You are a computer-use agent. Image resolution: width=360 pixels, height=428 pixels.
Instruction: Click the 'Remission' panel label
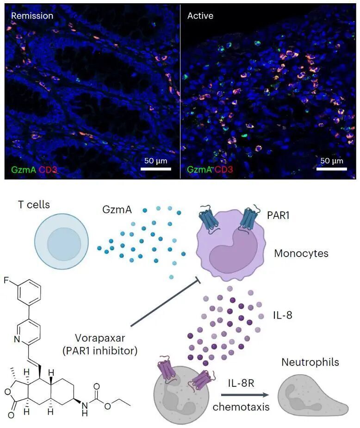(32, 16)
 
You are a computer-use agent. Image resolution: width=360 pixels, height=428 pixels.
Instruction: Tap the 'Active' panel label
(200, 16)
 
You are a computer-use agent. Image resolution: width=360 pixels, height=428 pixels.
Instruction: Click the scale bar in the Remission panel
(156, 169)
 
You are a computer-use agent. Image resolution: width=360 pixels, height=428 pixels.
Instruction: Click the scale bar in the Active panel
(332, 169)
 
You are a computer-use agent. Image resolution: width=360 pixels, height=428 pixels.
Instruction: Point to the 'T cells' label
(34, 204)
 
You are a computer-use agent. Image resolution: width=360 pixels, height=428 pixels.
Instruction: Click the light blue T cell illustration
(62, 241)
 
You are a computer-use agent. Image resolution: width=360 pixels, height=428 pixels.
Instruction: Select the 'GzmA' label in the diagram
(117, 209)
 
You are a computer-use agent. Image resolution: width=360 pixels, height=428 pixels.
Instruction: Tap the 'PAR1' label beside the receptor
(278, 215)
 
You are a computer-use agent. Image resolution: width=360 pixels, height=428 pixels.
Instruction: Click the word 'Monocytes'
(301, 253)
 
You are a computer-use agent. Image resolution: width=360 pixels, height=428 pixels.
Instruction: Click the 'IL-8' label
(283, 315)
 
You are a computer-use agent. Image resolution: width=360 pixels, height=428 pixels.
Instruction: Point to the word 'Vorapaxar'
(100, 338)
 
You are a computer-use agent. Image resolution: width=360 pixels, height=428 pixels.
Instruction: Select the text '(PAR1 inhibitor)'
(100, 351)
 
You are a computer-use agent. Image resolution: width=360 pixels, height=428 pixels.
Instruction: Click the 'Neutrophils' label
(310, 362)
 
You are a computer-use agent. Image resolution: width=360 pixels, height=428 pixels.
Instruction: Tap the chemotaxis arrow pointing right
(245, 395)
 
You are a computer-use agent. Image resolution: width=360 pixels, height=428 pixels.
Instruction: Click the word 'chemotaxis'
(241, 407)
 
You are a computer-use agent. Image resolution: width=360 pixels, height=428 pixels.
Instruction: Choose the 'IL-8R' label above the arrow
(241, 383)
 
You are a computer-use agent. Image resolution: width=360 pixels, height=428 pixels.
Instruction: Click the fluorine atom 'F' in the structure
(6, 280)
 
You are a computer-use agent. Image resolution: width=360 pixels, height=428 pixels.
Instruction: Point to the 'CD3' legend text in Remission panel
(48, 170)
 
